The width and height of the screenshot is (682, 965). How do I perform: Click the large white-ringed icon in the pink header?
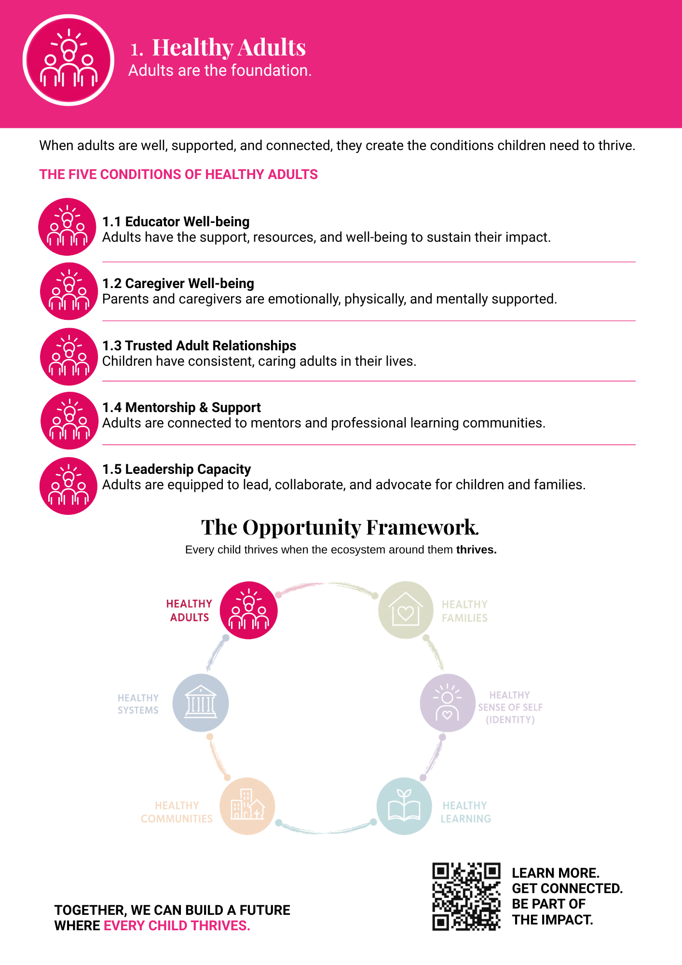pos(68,60)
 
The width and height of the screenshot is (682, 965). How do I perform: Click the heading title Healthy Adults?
pos(229,47)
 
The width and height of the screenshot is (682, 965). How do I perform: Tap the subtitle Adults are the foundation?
pos(220,70)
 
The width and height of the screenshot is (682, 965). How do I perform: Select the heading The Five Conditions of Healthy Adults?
pos(178,174)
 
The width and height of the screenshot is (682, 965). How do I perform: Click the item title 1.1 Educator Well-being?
pos(176,221)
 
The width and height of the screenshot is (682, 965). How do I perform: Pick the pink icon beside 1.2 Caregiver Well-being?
pos(69,291)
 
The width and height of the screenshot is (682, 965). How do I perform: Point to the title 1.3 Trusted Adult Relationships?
pos(199,345)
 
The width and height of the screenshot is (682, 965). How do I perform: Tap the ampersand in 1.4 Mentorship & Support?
pos(204,408)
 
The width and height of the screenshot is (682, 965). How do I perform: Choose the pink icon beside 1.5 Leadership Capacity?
pos(68,486)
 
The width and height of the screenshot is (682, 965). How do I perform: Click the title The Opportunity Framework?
pos(340,527)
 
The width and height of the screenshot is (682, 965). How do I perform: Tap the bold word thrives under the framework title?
pos(476,550)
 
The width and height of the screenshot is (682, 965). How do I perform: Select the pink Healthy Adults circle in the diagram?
pos(249,610)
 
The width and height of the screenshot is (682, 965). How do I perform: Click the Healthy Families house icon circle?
pos(406,610)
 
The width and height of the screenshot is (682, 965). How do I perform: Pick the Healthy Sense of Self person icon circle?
pos(448,703)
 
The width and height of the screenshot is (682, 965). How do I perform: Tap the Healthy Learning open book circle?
pos(404,806)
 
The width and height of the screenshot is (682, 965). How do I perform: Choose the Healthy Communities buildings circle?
pos(247,806)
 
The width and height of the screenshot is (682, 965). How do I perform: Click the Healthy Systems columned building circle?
pos(201,703)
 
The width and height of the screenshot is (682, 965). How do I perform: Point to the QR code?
pos(466,896)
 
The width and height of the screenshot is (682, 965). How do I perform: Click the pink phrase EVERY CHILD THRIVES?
pos(177,925)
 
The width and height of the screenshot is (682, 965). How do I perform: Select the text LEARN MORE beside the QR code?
pos(556,873)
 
